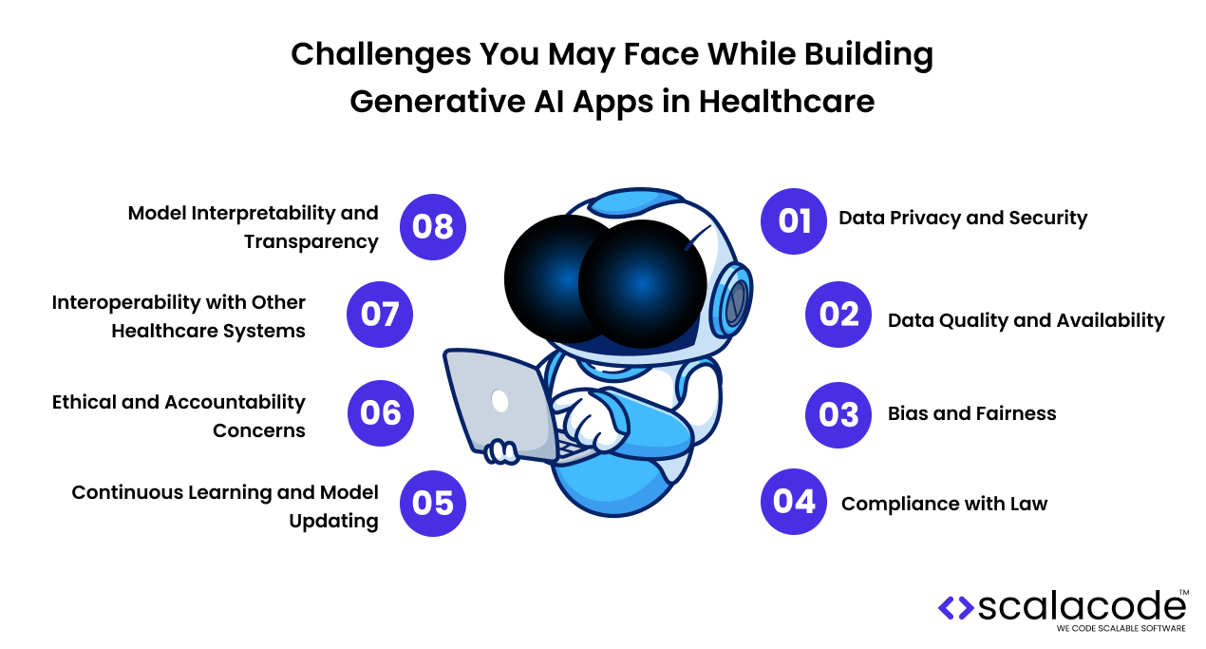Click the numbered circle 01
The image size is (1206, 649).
pos(794,220)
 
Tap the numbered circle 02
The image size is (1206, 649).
pos(839,315)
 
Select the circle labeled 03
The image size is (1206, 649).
pos(839,413)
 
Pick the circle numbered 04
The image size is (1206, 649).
pos(794,501)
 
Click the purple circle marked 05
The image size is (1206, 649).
pos(433,503)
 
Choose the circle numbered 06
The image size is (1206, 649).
pos(381,412)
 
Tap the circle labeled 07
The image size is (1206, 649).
pos(380,314)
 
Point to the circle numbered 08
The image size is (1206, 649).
pos(433,227)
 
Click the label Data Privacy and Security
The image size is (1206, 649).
pos(963,219)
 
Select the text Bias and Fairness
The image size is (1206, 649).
pos(971,413)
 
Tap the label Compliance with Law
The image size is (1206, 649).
pos(944,504)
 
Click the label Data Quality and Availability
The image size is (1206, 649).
pos(1026,320)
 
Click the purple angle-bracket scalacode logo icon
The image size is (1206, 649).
pos(955,607)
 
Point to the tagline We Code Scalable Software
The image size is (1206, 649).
pos(1121,629)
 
